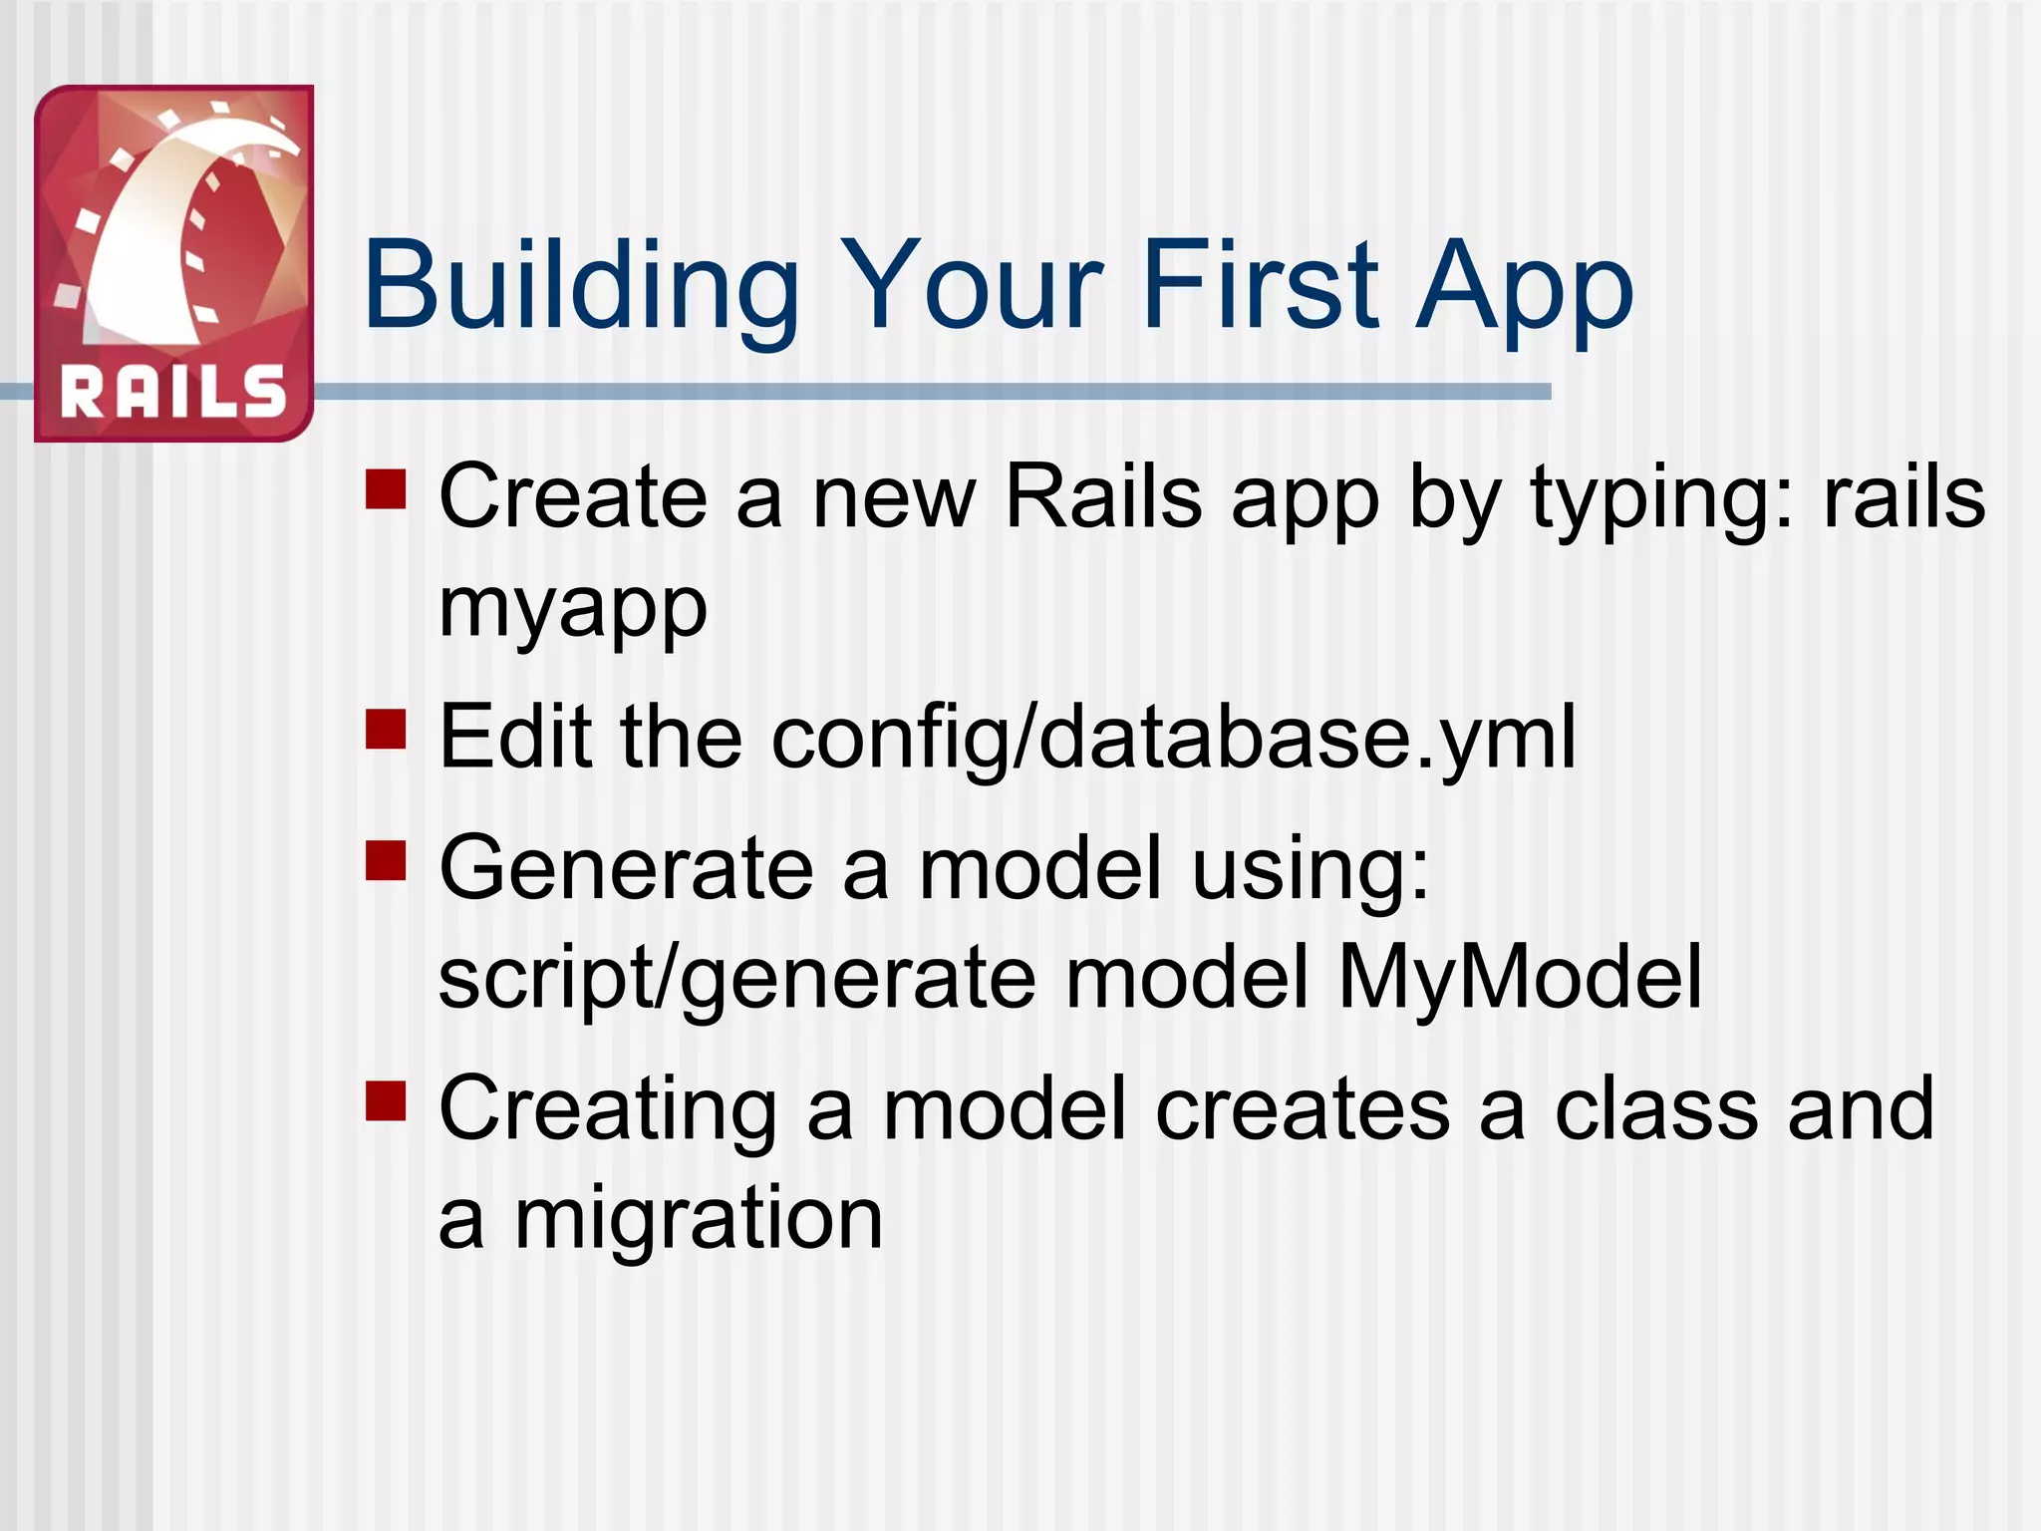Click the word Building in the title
tap(581, 286)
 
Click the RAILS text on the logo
tap(173, 392)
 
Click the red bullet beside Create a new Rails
tap(386, 489)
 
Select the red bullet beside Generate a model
tap(386, 861)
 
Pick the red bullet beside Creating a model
tap(386, 1101)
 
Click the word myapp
tap(573, 608)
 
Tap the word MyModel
tap(1520, 979)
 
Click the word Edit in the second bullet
tap(515, 738)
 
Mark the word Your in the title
tap(972, 286)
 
